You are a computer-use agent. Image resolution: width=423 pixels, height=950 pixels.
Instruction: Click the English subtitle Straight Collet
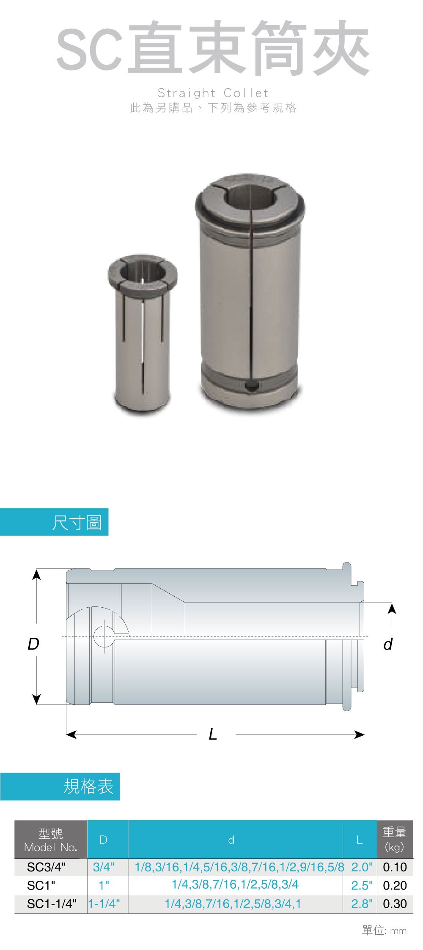click(213, 93)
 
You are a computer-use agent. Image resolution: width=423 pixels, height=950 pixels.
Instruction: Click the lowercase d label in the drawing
click(388, 644)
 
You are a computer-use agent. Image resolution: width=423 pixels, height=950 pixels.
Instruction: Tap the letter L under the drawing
click(213, 734)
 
